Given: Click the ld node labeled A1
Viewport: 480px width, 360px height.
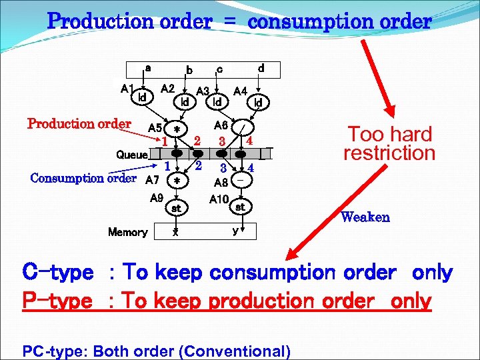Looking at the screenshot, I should pyautogui.click(x=141, y=97).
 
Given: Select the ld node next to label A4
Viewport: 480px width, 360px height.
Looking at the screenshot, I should pyautogui.click(x=259, y=102).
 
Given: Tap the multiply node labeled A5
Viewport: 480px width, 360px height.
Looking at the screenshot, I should pyautogui.click(x=176, y=129).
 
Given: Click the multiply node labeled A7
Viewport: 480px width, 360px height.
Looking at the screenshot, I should pyautogui.click(x=176, y=181).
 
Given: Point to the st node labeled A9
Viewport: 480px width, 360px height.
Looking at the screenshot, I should pyautogui.click(x=176, y=208).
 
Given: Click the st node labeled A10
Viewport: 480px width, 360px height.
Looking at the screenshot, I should pyautogui.click(x=240, y=207).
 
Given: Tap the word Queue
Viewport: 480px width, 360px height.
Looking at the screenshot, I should pyautogui.click(x=132, y=155).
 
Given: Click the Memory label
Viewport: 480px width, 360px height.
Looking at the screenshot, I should pyautogui.click(x=127, y=232).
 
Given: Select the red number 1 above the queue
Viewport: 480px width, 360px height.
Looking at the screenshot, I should pyautogui.click(x=164, y=141).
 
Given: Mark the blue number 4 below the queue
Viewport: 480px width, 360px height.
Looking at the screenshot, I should pyautogui.click(x=251, y=167).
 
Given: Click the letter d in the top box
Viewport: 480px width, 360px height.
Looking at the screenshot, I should pyautogui.click(x=261, y=68).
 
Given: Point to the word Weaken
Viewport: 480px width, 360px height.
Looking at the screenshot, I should pyautogui.click(x=365, y=217).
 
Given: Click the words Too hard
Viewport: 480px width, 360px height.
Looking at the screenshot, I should pyautogui.click(x=391, y=134).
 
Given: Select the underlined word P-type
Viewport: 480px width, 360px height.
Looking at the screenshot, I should pyautogui.click(x=57, y=301).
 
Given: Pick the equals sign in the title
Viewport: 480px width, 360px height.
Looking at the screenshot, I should pyautogui.click(x=229, y=21).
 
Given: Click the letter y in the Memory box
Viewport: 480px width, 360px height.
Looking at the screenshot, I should pyautogui.click(x=235, y=231).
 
